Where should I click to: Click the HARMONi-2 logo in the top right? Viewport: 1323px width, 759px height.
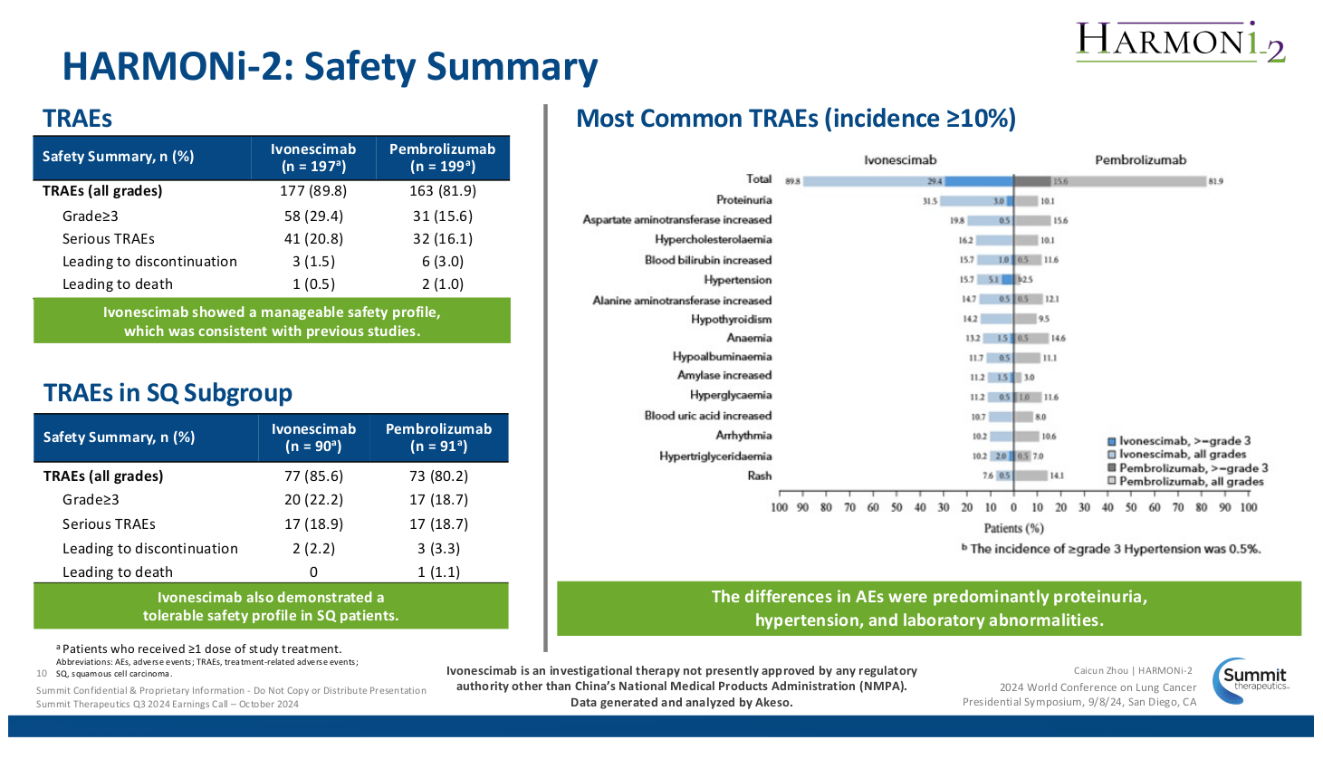(x=1180, y=42)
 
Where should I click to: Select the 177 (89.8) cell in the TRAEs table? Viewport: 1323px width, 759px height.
(x=313, y=191)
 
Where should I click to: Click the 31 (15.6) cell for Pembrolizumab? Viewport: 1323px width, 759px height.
(x=442, y=216)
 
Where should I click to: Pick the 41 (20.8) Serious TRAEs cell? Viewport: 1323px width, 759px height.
(x=313, y=239)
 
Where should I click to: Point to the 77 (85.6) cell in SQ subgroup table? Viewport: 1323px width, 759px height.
(x=313, y=476)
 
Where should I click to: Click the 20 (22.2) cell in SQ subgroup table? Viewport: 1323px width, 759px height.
(x=313, y=500)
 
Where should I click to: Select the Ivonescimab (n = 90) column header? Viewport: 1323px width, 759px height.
(x=313, y=437)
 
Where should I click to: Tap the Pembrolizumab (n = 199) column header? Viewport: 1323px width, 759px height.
(x=442, y=158)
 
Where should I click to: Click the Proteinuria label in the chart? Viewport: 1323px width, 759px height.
(x=743, y=200)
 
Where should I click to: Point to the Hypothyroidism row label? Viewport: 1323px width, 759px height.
(x=731, y=319)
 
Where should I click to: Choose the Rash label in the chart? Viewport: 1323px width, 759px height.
(x=759, y=476)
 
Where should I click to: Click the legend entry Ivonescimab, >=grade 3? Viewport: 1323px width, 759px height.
(x=1184, y=441)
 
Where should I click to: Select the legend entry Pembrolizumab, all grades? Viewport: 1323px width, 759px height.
(x=1190, y=482)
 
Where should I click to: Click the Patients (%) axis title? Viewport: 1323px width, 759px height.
(x=1013, y=528)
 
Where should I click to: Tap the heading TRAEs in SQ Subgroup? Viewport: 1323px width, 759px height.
(x=168, y=393)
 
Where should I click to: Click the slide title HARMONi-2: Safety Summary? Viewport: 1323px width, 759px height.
(x=330, y=67)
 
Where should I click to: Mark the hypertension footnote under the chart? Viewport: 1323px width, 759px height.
(x=1111, y=549)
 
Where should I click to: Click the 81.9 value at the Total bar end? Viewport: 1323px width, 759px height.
(x=1215, y=181)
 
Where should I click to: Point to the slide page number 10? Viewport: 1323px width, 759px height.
(x=41, y=674)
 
